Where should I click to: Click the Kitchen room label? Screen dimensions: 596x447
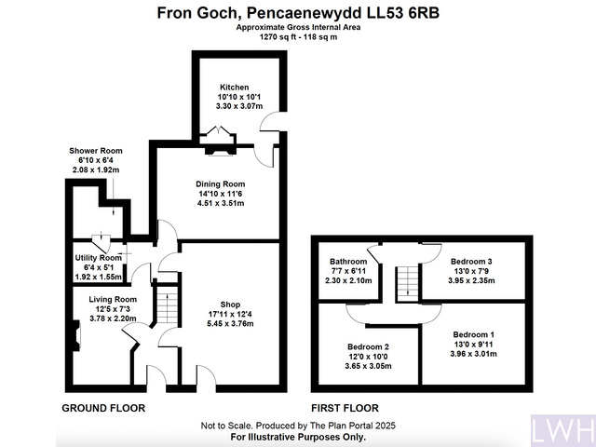click(234, 88)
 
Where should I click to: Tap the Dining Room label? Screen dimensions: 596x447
click(221, 184)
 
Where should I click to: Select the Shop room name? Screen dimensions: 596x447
click(230, 305)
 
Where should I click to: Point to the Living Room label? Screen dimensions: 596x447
click(113, 300)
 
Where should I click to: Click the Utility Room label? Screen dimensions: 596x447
click(99, 258)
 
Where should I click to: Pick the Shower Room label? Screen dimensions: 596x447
click(96, 151)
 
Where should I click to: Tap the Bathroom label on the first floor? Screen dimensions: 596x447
click(348, 262)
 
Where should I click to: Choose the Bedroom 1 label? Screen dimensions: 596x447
click(474, 335)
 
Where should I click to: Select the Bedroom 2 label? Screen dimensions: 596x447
click(368, 347)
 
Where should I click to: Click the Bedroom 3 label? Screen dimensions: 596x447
click(471, 262)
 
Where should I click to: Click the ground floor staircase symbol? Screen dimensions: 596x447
click(168, 308)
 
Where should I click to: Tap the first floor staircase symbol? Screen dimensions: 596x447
click(408, 283)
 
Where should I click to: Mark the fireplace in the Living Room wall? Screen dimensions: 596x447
click(76, 335)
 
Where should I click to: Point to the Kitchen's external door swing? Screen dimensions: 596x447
click(272, 122)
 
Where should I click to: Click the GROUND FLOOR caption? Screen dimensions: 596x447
click(103, 408)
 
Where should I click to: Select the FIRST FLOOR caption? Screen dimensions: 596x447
click(345, 408)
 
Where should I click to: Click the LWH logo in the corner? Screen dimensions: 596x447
click(563, 430)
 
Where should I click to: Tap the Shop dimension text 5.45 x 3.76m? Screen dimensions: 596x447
click(230, 324)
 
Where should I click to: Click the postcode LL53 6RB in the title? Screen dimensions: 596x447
click(403, 13)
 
